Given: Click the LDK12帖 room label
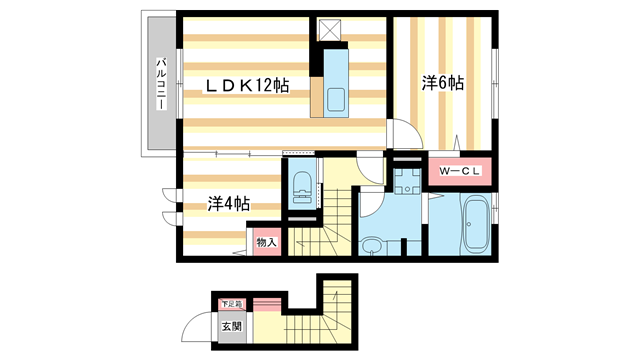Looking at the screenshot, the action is point(247,86).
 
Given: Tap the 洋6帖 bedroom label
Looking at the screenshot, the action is point(443,83).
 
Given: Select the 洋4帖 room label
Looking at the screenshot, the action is point(229,204).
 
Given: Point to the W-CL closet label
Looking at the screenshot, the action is point(460,171).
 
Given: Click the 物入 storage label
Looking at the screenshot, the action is point(267,242).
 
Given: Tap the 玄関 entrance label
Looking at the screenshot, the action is point(232,327).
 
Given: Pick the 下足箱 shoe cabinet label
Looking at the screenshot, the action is point(232,304).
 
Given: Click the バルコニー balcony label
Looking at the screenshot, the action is point(162,84).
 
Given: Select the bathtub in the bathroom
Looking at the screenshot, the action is point(476,224).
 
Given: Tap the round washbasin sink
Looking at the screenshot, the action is point(372,246).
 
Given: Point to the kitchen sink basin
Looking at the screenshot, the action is point(336,100).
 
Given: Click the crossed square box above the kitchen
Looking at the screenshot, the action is point(329,30).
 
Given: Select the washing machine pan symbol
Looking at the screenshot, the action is point(407,181).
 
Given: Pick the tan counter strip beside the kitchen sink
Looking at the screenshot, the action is point(317,97).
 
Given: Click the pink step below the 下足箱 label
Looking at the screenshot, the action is point(267,305).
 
